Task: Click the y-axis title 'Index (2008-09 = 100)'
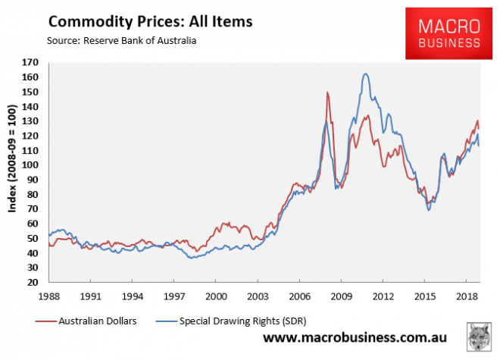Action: tap(13, 172)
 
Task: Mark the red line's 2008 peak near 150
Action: tap(327, 92)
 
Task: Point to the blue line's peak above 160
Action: tap(365, 74)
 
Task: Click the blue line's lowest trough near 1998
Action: tap(190, 258)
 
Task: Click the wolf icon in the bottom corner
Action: tap(477, 337)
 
